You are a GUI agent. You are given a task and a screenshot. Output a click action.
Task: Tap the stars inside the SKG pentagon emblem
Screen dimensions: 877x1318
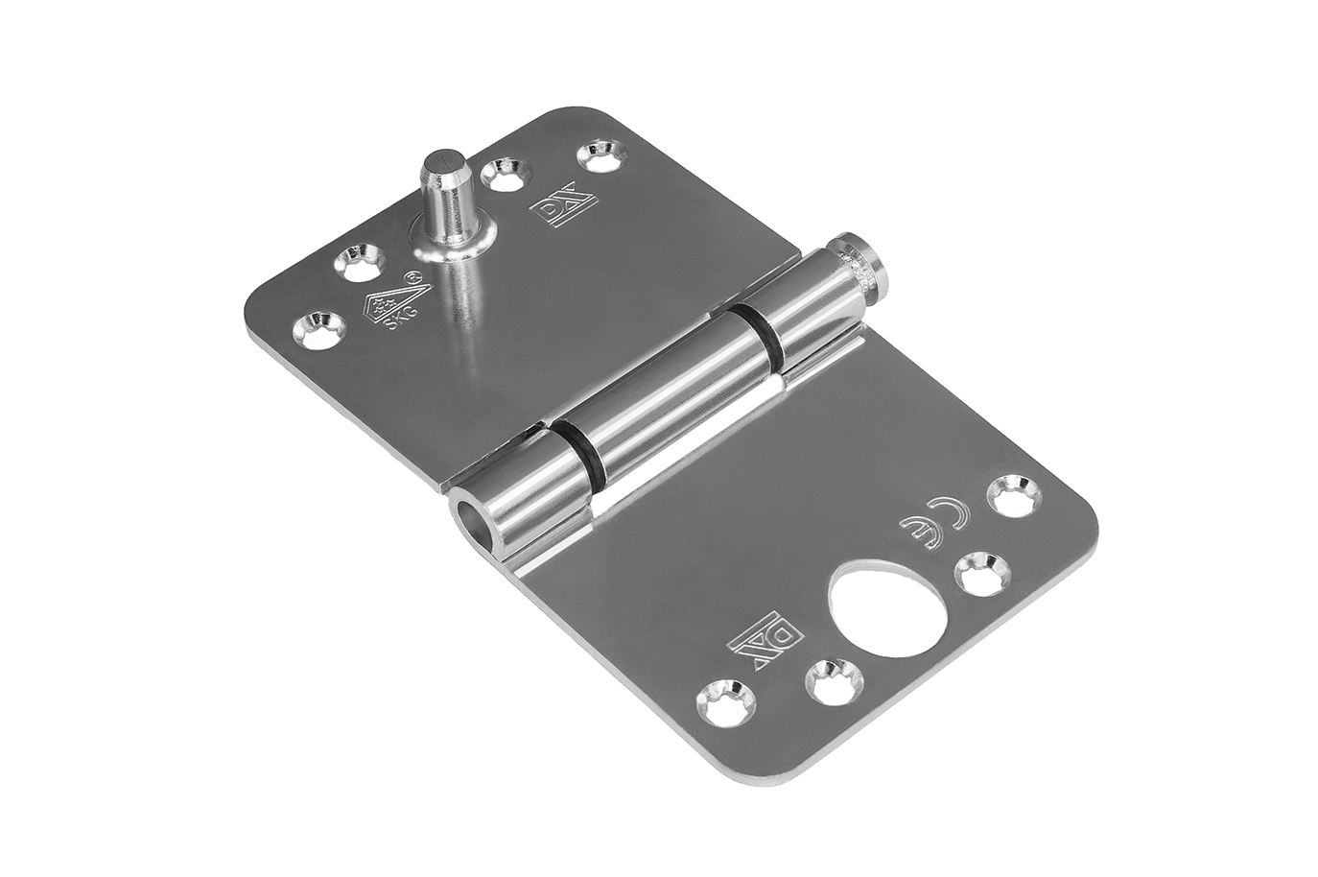pyautogui.click(x=388, y=303)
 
